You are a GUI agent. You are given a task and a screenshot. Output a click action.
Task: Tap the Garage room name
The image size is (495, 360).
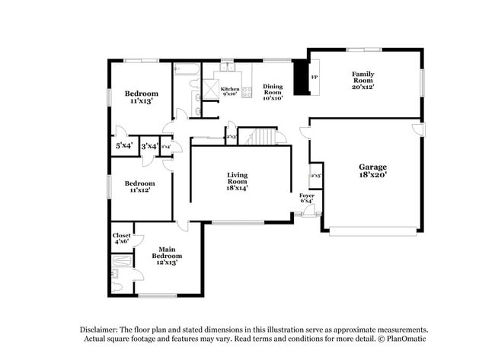coord(373,167)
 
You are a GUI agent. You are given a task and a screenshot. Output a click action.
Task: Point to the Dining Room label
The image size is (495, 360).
coord(273,89)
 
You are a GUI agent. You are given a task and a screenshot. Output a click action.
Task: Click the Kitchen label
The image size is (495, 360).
coord(230,89)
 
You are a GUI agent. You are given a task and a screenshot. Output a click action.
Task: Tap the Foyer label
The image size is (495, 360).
coord(306,195)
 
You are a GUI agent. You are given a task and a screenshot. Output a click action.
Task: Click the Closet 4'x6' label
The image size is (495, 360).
coord(122,236)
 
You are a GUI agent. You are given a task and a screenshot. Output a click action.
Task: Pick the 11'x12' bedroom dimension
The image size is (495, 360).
coord(139,190)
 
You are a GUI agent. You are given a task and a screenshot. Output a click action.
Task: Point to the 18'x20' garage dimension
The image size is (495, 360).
coord(373,175)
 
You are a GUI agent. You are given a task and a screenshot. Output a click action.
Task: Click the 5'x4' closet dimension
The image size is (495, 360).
coord(124,145)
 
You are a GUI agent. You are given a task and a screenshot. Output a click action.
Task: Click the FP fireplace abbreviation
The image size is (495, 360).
coord(315,78)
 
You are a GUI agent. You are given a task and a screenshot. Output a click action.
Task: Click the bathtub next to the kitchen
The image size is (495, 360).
coord(186,70)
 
